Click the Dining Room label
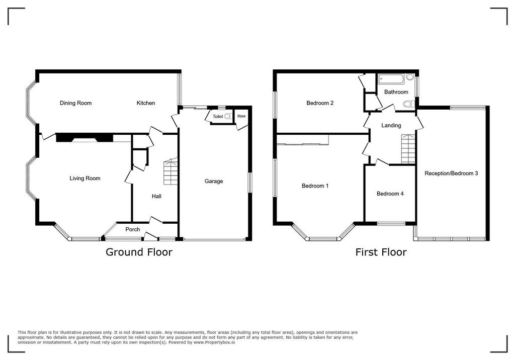coord(75,103)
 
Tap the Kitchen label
coord(146,103)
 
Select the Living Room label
coord(84,178)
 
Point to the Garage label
coord(213,182)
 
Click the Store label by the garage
coord(241,116)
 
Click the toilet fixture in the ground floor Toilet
coord(228,116)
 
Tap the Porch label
coord(133,230)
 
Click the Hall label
coord(157,197)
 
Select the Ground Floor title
coord(139,252)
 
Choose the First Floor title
coord(381,252)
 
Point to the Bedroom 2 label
coord(320,103)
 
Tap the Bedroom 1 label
coord(315,186)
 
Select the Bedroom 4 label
coord(390,194)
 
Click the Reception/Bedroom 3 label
coord(451,173)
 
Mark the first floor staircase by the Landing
coord(408,149)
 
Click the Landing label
coord(391,126)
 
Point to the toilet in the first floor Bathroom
coord(408,105)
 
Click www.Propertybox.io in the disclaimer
coord(214,342)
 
